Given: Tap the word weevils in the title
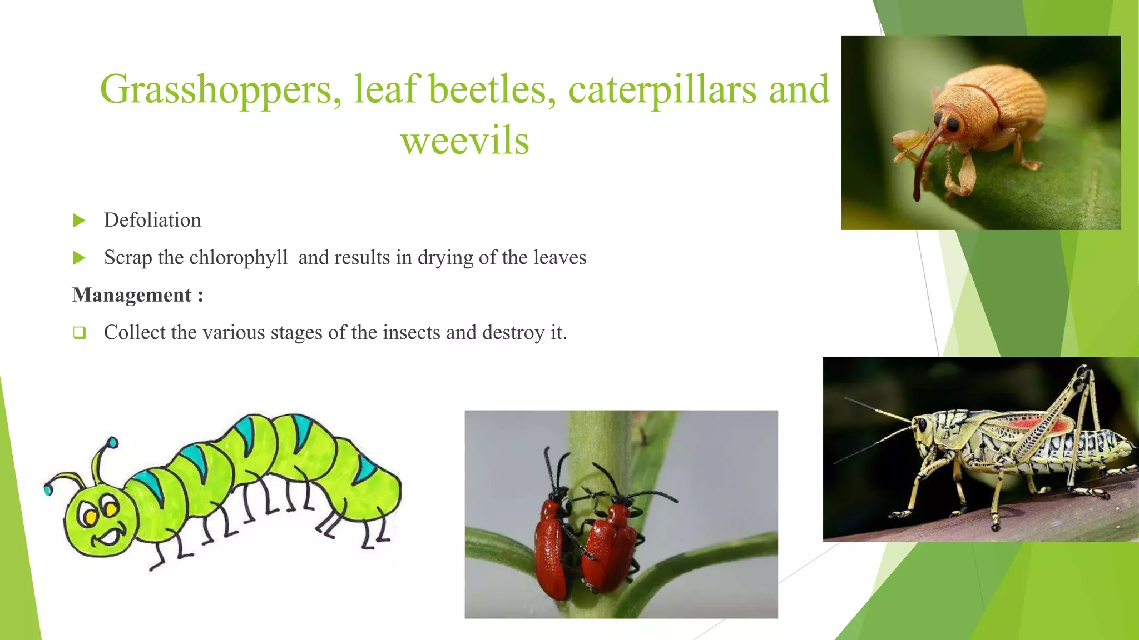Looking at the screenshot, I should [465, 141].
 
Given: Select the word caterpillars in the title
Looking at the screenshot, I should [662, 90].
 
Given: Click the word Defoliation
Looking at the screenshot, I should [152, 221].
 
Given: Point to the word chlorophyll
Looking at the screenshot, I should [238, 258].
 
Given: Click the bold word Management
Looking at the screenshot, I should [132, 295].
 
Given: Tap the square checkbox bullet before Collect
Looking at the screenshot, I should [79, 333].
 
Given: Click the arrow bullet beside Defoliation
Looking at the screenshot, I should [79, 221].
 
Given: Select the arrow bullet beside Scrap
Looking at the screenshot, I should [79, 258].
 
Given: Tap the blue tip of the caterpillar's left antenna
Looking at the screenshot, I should [48, 490].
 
